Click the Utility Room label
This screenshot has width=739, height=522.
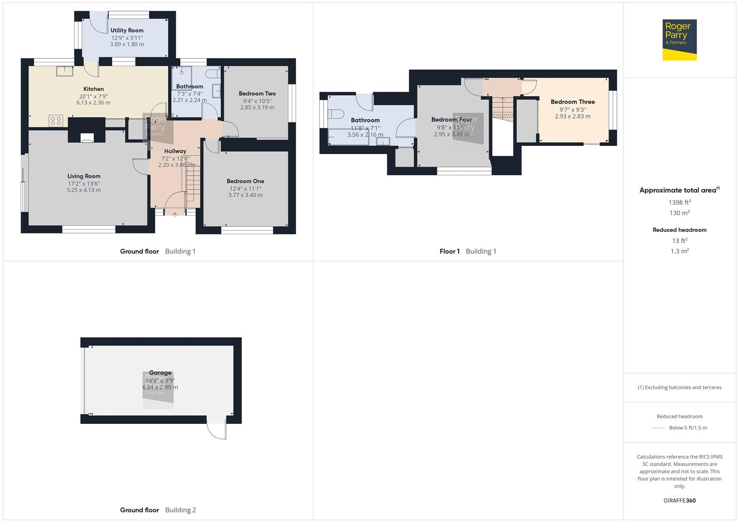point(127,30)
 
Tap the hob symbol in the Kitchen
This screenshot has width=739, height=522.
point(56,121)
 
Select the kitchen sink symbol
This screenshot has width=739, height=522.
point(64,71)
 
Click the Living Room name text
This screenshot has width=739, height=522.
point(84,176)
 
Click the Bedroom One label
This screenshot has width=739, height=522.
point(245,181)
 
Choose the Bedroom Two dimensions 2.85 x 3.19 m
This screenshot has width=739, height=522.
point(257,108)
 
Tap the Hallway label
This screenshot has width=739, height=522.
point(175,151)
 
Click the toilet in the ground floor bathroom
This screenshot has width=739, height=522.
point(212,74)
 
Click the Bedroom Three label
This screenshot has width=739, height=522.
point(573,102)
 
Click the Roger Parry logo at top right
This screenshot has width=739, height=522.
point(679,40)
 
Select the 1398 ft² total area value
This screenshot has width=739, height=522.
point(679,203)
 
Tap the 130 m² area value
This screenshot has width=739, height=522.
point(679,213)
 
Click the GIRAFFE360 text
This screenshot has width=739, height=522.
point(679,501)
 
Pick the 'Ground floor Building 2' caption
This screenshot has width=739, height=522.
point(158,510)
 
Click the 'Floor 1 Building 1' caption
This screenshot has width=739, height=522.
point(468,251)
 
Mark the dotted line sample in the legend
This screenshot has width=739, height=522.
point(659,428)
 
